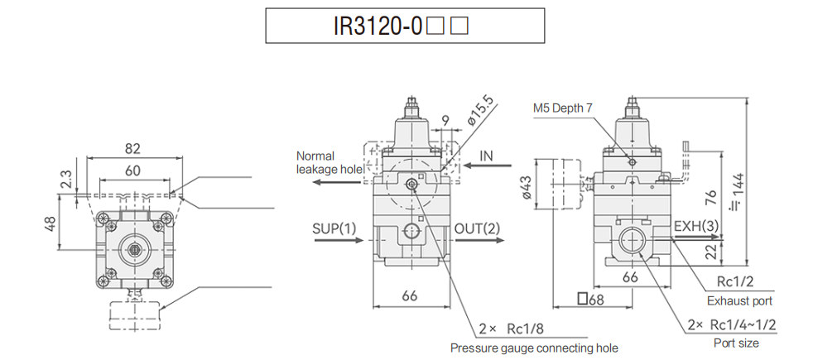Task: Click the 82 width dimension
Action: pyautogui.click(x=132, y=149)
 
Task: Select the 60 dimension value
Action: pyautogui.click(x=132, y=170)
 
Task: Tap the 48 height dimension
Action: pyautogui.click(x=51, y=223)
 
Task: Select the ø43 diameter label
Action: pyautogui.click(x=525, y=190)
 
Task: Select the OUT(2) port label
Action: pyautogui.click(x=478, y=228)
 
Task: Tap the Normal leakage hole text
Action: pyautogui.click(x=329, y=162)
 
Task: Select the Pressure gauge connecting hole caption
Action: pyautogui.click(x=534, y=348)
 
